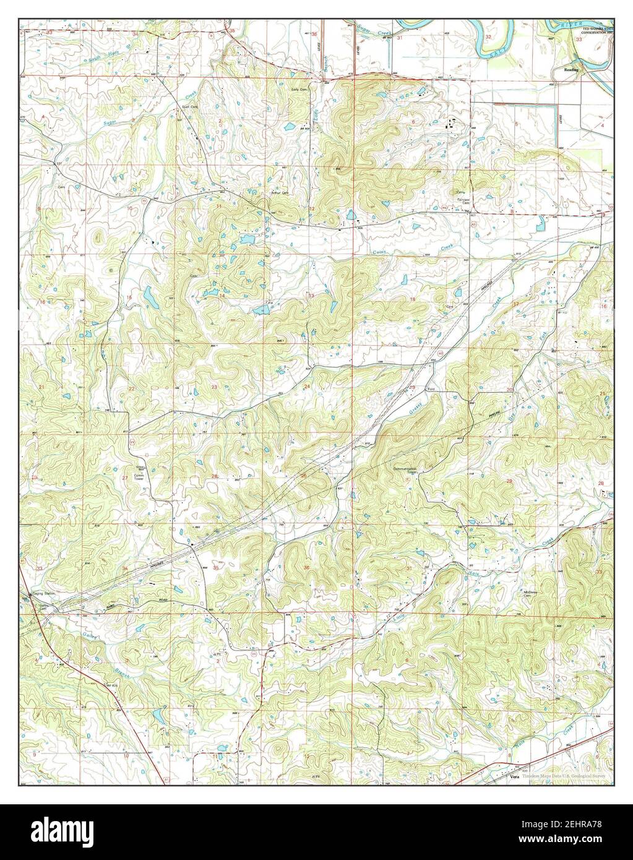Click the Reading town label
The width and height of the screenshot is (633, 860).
click(x=571, y=70)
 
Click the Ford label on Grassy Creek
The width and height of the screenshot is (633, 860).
click(x=431, y=389)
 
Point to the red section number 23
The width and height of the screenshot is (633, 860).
click(x=214, y=387)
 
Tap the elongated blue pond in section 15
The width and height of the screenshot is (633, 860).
click(x=150, y=298)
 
